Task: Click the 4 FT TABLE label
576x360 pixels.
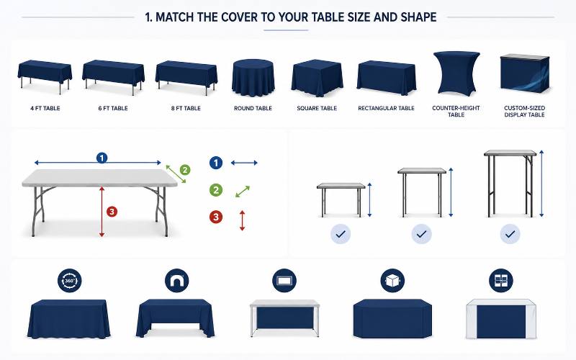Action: click(45, 109)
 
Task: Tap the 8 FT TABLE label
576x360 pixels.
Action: click(186, 109)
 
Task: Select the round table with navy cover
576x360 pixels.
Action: click(253, 78)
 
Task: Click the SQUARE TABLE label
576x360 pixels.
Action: click(317, 109)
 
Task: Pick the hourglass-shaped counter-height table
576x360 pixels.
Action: click(456, 73)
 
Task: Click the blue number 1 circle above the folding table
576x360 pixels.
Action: click(102, 158)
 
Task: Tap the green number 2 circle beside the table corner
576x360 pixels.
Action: click(185, 170)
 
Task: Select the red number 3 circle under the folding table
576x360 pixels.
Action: click(112, 212)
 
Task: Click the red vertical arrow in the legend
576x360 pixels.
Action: click(242, 220)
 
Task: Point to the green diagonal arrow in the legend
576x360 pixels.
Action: click(243, 192)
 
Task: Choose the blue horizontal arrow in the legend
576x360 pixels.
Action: click(244, 163)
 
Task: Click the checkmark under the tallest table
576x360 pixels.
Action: click(510, 234)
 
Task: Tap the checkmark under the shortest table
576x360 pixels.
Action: click(341, 234)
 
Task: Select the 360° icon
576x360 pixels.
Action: click(70, 281)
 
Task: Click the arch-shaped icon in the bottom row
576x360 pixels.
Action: click(177, 281)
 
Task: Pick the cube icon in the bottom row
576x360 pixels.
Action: click(392, 281)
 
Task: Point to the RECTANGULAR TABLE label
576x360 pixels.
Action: click(386, 109)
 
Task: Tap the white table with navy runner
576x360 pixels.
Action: click(500, 319)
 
